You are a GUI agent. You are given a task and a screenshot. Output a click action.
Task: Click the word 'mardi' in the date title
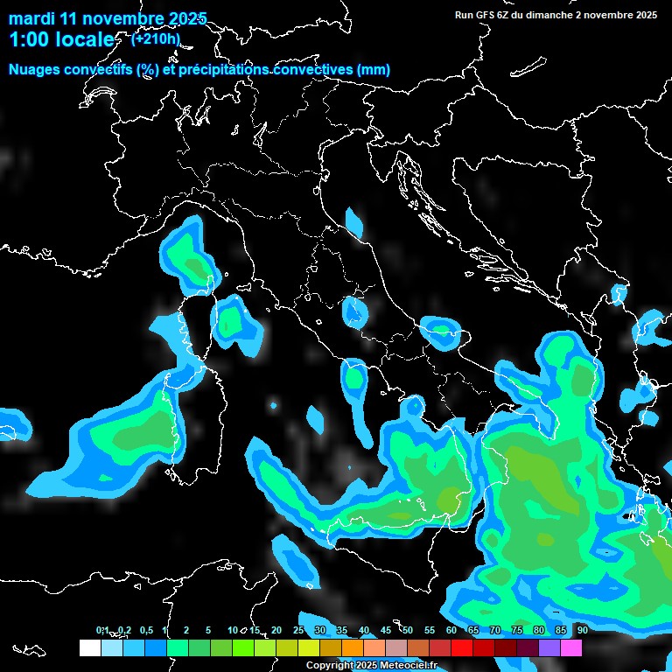pos(31,18)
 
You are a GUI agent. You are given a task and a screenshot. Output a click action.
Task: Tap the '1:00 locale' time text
pos(61,40)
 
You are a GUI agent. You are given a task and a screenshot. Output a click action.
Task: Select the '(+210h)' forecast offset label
pos(155,38)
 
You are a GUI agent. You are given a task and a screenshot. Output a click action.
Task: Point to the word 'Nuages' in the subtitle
pos(35,70)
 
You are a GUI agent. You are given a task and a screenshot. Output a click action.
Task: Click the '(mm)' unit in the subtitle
pos(374,70)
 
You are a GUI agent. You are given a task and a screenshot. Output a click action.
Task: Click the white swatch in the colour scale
pos(89,647)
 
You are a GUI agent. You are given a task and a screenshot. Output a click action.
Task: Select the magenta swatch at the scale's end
pos(571,647)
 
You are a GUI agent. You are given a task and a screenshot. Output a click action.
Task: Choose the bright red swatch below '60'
pos(462,647)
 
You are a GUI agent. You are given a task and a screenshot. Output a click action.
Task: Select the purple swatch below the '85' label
pos(549,647)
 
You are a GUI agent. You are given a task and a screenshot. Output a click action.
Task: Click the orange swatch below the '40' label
pos(353,647)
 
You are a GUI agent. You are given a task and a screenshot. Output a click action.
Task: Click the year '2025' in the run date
pos(645,15)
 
